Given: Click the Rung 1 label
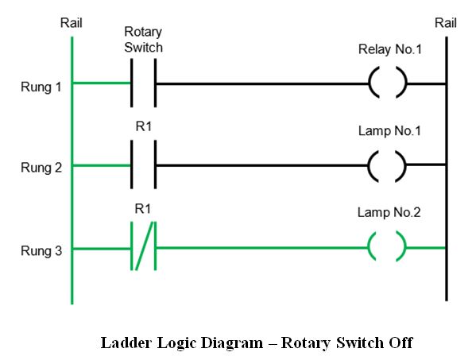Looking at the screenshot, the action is point(41,87).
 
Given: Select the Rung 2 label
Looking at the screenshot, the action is point(41,168).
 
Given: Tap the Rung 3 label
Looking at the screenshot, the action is point(41,251).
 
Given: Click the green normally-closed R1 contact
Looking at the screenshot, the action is point(144,246).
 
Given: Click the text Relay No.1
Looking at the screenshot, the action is point(390,49).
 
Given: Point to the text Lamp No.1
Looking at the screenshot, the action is point(389,131).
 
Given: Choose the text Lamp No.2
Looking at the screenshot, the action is point(389,212).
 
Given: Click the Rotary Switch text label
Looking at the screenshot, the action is point(143,40).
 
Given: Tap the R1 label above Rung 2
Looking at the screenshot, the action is point(144,126).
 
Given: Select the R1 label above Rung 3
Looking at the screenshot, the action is point(143,208).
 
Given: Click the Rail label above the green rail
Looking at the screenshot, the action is point(71,23).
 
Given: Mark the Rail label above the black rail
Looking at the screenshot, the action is point(446,23).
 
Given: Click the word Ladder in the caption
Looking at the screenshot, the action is point(126,343).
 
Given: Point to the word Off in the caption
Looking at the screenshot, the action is point(400,343).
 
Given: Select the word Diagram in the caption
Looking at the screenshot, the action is point(231,343).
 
